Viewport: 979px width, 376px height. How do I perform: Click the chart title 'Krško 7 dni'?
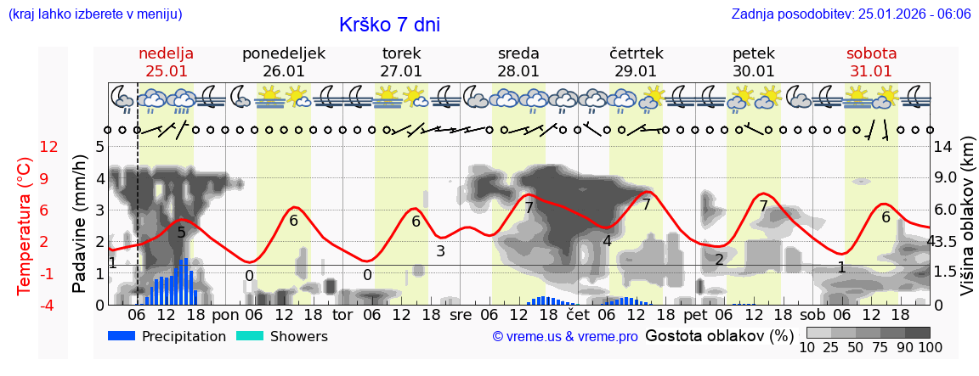[389, 25]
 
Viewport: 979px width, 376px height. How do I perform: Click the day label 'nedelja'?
[166, 53]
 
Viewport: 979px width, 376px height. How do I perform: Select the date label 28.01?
[518, 71]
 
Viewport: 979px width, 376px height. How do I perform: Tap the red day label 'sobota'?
[871, 53]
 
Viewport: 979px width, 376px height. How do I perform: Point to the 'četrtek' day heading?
[637, 53]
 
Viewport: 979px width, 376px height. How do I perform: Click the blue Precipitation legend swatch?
[122, 336]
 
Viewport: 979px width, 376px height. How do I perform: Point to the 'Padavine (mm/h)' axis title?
[80, 224]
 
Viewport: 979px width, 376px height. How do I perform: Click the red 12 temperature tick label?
[48, 147]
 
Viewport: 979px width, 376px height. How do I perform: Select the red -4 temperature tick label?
[48, 305]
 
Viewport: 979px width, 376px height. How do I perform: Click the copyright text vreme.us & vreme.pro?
[565, 337]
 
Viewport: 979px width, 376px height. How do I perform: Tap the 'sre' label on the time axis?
[460, 314]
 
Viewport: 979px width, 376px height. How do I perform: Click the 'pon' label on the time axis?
[225, 314]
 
